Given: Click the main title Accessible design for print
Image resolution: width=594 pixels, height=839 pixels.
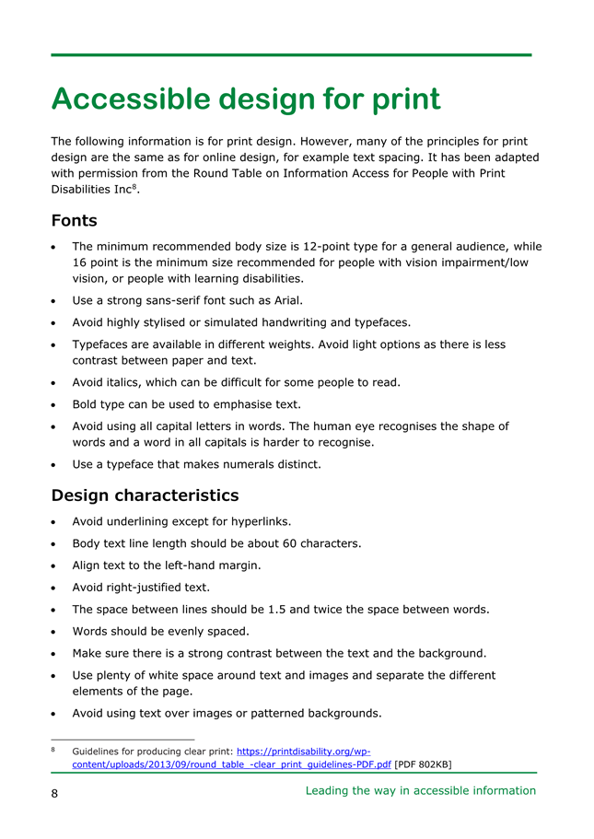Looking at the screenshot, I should coord(246,99).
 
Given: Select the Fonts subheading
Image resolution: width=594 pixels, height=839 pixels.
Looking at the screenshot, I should coord(74,221).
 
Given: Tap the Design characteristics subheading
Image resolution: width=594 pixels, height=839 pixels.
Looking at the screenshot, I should coord(145,495).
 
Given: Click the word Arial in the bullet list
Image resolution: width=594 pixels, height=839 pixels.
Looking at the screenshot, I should coord(285,300).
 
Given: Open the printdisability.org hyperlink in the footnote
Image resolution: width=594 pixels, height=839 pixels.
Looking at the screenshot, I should coord(310,752).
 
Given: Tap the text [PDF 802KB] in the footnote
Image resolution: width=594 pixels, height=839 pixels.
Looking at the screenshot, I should coord(423,764).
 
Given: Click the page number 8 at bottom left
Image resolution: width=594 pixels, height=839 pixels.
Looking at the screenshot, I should coord(55,793).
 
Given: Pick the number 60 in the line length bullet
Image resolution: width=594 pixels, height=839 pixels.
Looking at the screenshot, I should coord(311,543).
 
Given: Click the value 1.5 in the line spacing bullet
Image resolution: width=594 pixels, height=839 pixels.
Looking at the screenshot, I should coord(277,609).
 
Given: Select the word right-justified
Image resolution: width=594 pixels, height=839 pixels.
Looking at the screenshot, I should coord(145,587).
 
